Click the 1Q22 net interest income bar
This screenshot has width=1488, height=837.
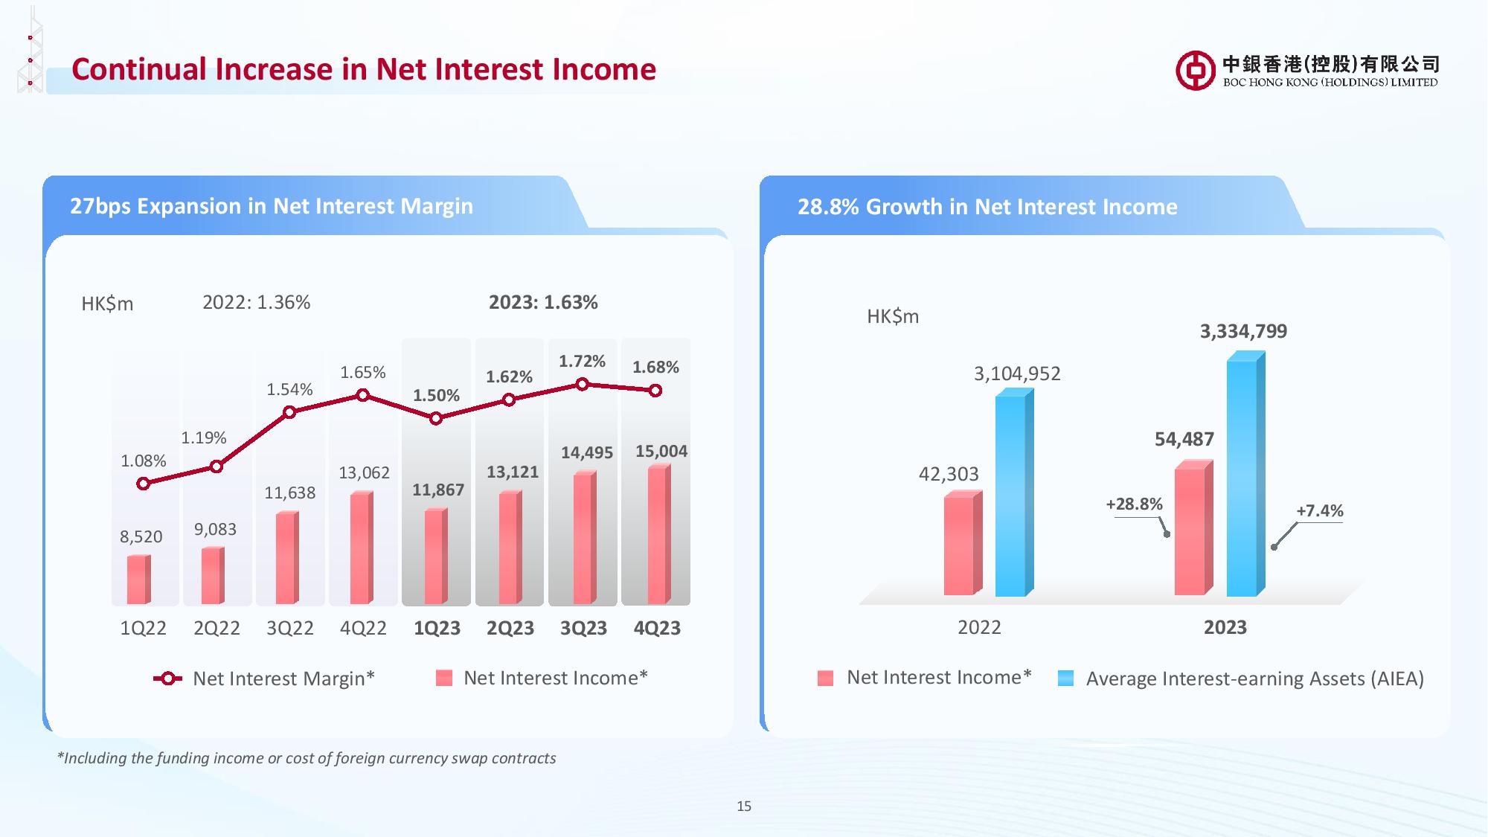click(138, 580)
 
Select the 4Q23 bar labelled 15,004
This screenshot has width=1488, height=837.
click(658, 535)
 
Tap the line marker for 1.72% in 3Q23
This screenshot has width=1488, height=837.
click(583, 384)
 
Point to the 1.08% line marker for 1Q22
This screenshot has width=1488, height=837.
click(144, 484)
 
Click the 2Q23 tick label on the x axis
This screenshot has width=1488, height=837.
click(510, 629)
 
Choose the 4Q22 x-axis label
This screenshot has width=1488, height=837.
click(363, 629)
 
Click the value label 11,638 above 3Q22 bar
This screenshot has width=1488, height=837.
click(289, 493)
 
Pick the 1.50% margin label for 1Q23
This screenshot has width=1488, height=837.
click(436, 396)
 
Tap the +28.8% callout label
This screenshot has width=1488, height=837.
click(1134, 504)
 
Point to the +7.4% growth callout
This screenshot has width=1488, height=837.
click(1320, 511)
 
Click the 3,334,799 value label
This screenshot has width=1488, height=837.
click(1243, 332)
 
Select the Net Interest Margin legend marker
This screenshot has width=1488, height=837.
click(167, 679)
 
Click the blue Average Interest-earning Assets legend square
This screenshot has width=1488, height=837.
click(1065, 679)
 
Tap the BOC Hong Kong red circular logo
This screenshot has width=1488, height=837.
click(1195, 71)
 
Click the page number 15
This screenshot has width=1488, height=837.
click(744, 806)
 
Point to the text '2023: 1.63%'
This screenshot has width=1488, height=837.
click(543, 303)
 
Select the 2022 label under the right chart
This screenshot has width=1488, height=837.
click(979, 628)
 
